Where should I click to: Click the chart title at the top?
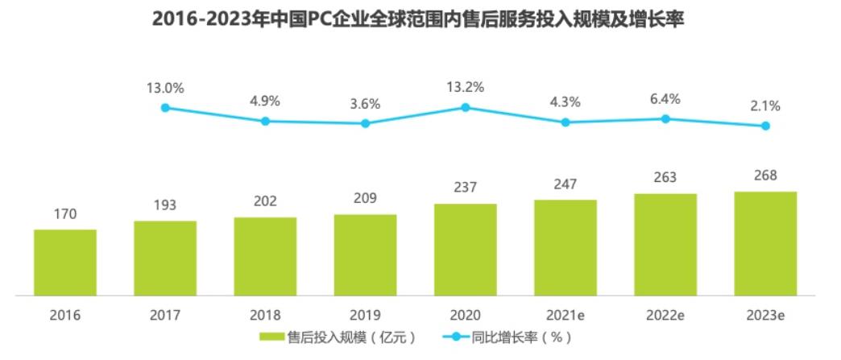tap(419, 18)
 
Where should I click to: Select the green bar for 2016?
tap(65, 263)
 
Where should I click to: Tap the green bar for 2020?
tap(466, 250)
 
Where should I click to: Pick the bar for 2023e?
tap(765, 243)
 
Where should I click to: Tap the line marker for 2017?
tap(165, 107)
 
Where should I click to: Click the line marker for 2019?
tap(365, 123)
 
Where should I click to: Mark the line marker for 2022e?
tap(665, 118)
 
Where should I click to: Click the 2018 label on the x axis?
tap(265, 315)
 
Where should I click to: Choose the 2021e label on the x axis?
tap(565, 315)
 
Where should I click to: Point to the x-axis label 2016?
tap(65, 315)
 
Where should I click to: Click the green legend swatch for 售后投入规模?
tap(272, 337)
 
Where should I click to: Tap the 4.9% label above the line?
tap(265, 102)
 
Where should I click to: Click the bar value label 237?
tap(466, 188)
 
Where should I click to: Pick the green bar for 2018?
tap(265, 257)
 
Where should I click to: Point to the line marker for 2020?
tap(466, 107)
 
